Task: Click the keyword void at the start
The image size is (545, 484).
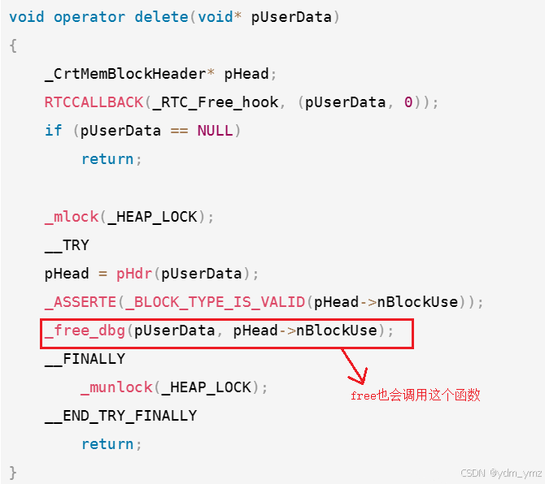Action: pos(26,17)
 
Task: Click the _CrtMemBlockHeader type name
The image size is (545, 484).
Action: pos(125,74)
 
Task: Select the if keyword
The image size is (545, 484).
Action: pos(53,131)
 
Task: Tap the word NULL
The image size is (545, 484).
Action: pos(215,131)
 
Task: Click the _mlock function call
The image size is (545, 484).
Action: pos(71,216)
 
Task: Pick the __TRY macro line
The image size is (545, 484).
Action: pos(67,244)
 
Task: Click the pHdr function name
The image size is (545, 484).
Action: pos(134,274)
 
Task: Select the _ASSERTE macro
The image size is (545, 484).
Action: pos(81,302)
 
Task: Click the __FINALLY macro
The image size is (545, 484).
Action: pos(85,359)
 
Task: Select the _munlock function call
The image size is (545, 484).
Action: pos(116,387)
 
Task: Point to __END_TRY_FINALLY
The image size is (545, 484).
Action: pos(120,416)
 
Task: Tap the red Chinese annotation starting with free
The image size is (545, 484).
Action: pos(415,395)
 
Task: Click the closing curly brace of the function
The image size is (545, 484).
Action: pos(13,472)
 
